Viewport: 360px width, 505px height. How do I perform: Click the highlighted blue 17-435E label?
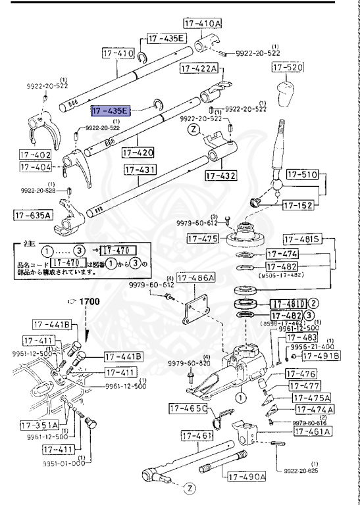point(111,110)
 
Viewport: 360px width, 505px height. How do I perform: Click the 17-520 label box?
point(286,68)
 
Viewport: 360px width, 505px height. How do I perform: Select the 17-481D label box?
point(288,304)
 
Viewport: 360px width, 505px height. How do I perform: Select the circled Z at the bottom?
point(189,488)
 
